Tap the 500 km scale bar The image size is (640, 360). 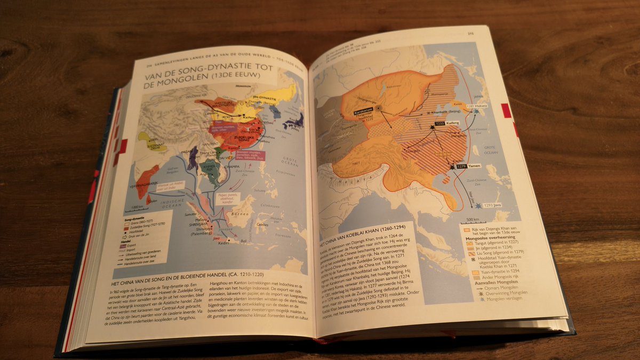pyautogui.click(x=473, y=219)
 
